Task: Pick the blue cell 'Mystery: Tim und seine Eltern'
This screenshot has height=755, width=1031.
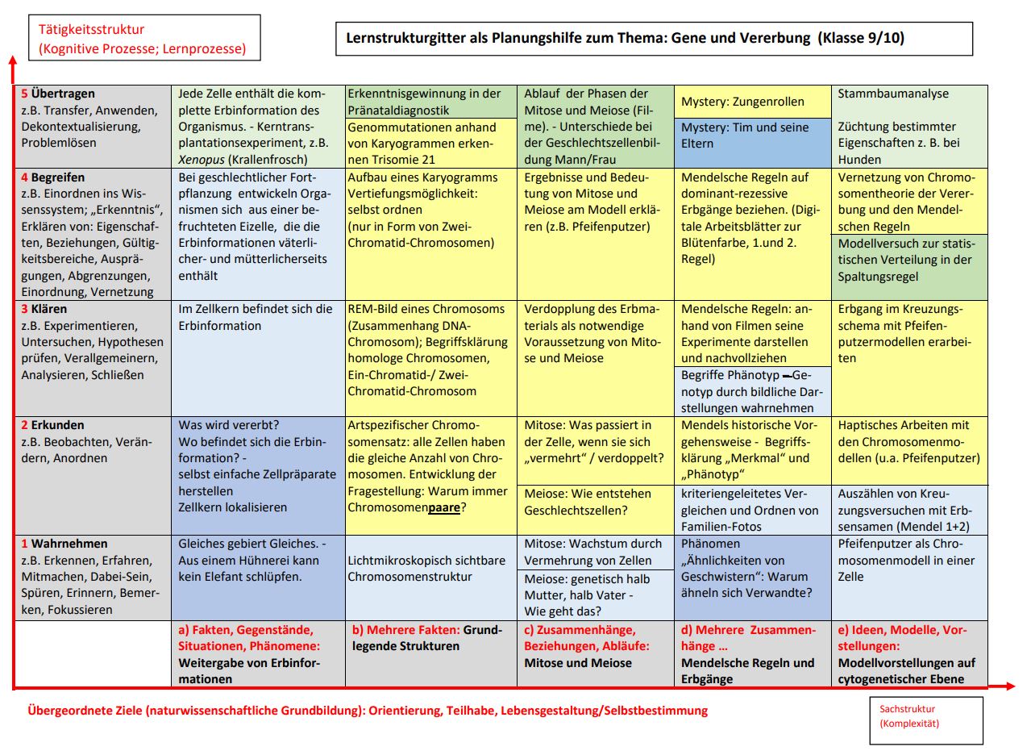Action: (751, 136)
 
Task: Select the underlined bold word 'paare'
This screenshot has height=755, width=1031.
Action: (444, 507)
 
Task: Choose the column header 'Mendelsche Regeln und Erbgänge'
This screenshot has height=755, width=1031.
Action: (748, 671)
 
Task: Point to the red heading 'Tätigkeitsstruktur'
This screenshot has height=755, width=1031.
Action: (92, 30)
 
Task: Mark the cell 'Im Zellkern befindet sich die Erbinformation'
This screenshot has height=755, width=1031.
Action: (256, 317)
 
